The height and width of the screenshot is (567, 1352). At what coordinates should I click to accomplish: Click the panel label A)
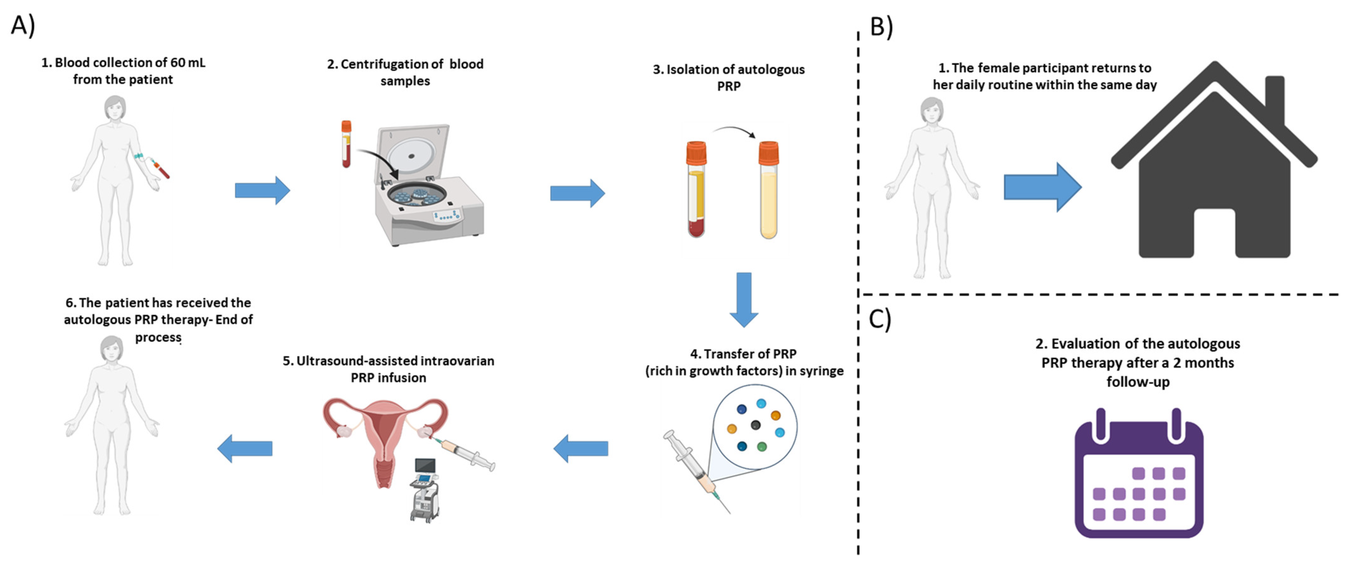(23, 25)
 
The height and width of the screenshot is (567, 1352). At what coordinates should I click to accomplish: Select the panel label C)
(880, 319)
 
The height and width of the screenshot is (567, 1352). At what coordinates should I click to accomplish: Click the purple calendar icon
(1139, 475)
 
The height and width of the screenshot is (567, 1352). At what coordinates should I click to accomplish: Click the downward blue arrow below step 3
(744, 299)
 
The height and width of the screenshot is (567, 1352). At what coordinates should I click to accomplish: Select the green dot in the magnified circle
(761, 447)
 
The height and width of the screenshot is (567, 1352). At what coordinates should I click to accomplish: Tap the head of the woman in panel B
(931, 111)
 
